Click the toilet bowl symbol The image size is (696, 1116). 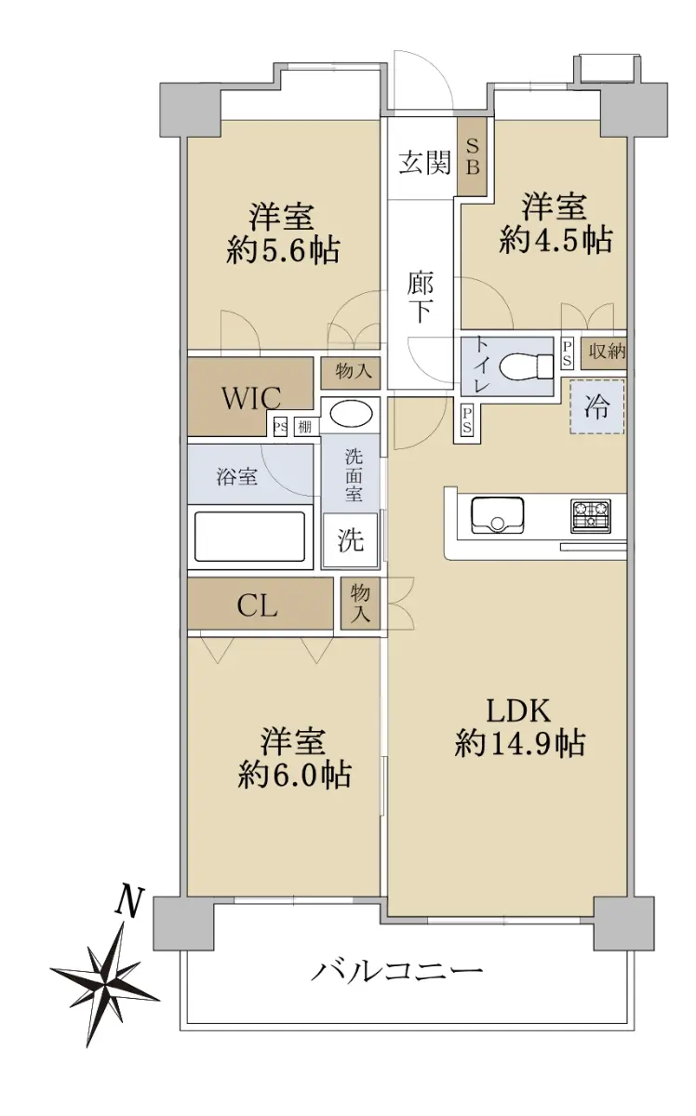pyautogui.click(x=525, y=366)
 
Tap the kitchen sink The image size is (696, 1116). pyautogui.click(x=497, y=514)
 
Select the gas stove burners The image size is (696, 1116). pyautogui.click(x=590, y=514)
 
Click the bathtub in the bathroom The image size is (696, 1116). pyautogui.click(x=249, y=537)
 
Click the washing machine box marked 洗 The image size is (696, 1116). pyautogui.click(x=350, y=540)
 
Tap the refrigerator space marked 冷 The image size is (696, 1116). pyautogui.click(x=596, y=406)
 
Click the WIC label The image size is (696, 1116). pyautogui.click(x=251, y=398)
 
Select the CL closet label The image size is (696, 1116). pyautogui.click(x=257, y=606)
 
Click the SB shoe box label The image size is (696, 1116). pyautogui.click(x=472, y=156)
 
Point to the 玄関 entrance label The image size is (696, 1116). pyautogui.click(x=425, y=162)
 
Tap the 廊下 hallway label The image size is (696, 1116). pyautogui.click(x=420, y=297)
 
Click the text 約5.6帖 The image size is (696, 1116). pyautogui.click(x=283, y=249)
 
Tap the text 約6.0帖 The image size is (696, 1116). pyautogui.click(x=294, y=774)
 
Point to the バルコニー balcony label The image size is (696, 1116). pyautogui.click(x=397, y=969)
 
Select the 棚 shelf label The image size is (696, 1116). pyautogui.click(x=304, y=427)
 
